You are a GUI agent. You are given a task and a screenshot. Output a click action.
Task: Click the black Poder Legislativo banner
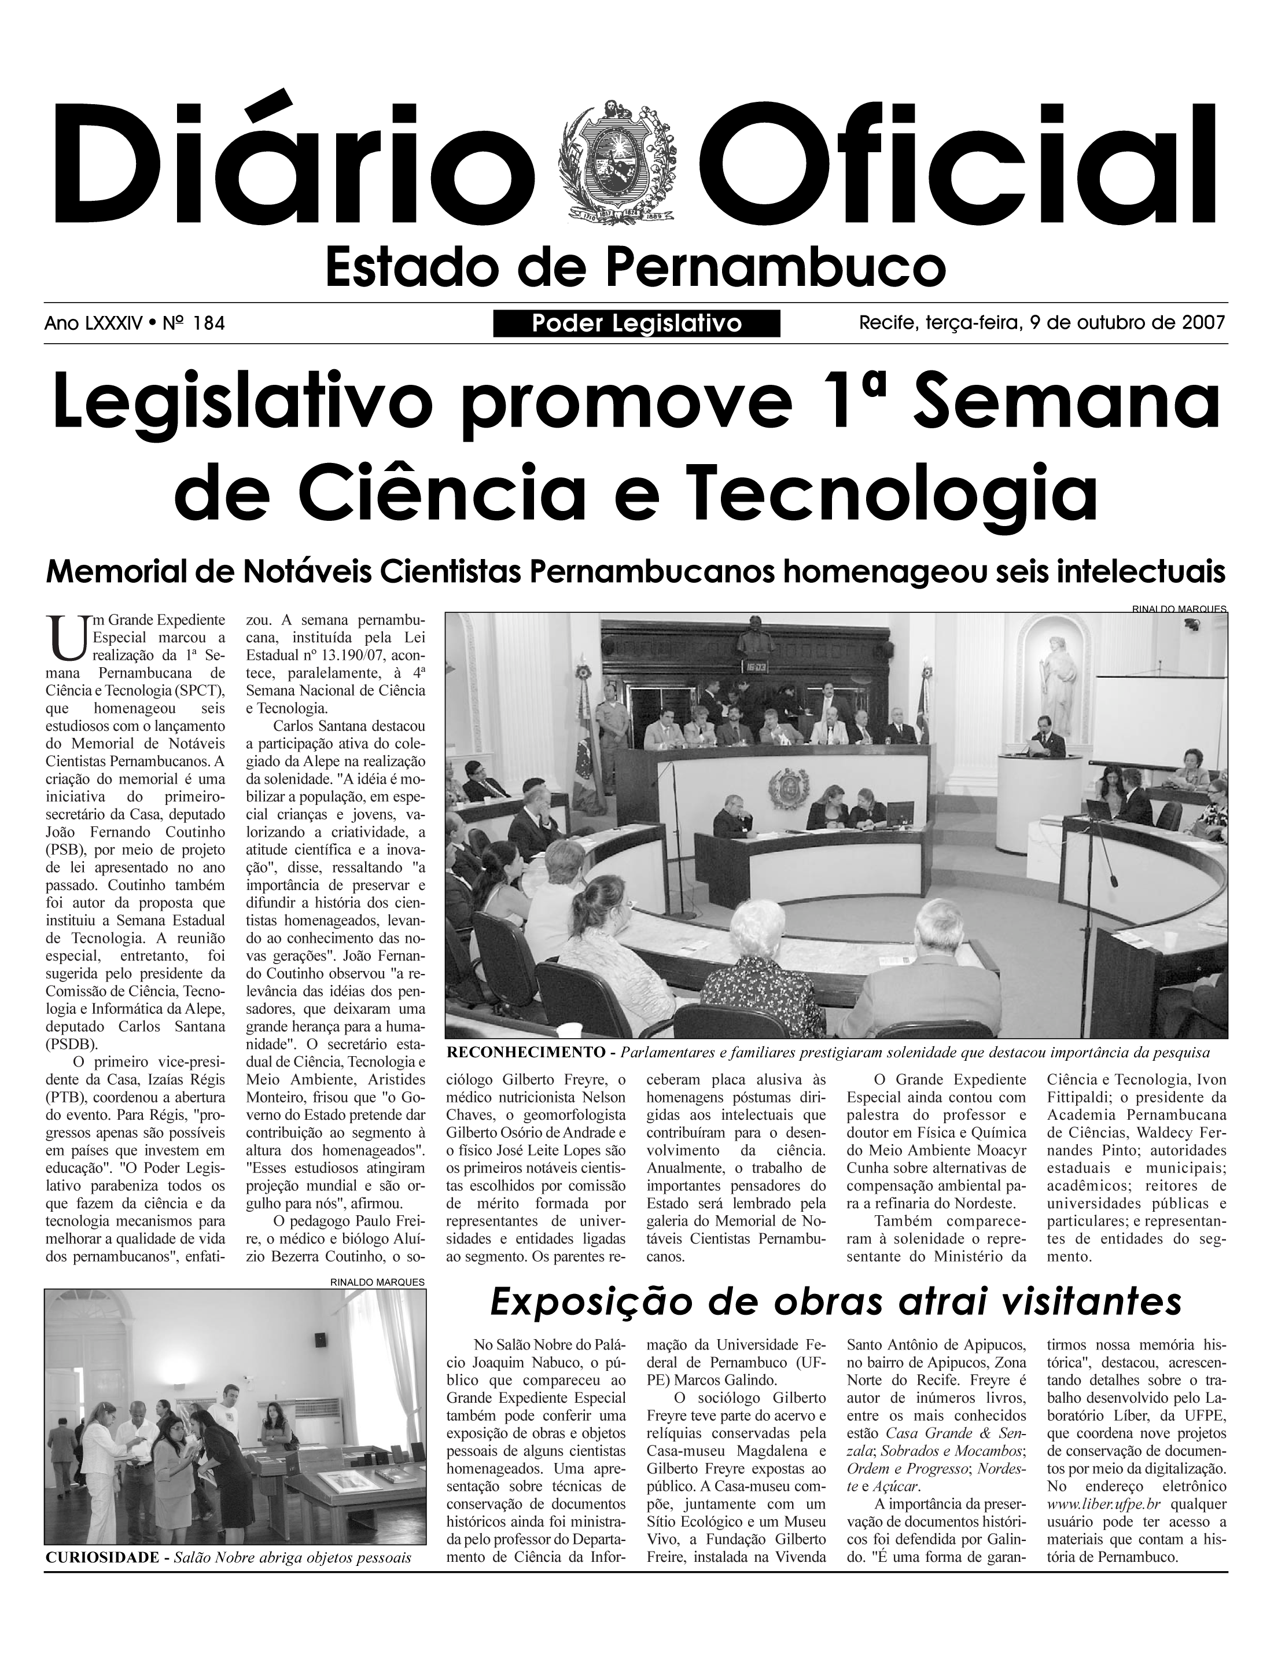click(x=636, y=324)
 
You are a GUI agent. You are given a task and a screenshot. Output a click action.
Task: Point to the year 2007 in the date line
click(x=1203, y=323)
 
